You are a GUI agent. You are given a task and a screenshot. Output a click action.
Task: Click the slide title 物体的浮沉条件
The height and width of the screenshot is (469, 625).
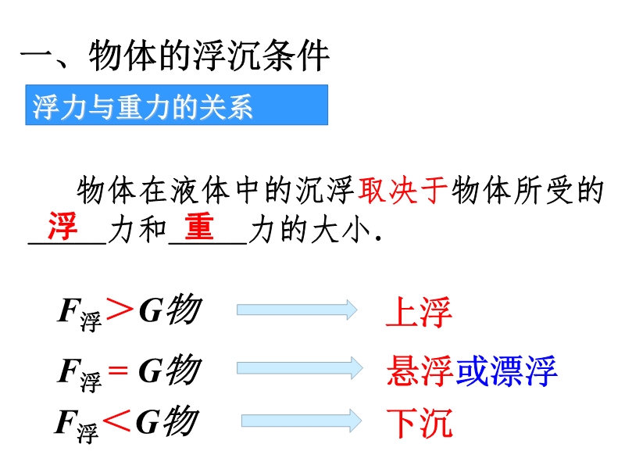pyautogui.click(x=209, y=55)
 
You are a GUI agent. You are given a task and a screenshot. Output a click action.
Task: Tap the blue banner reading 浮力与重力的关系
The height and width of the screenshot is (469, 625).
pyautogui.click(x=177, y=105)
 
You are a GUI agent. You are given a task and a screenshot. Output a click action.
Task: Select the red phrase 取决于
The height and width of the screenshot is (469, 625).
pyautogui.click(x=402, y=190)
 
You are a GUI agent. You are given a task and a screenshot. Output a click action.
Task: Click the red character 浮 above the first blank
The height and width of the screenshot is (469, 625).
pyautogui.click(x=63, y=226)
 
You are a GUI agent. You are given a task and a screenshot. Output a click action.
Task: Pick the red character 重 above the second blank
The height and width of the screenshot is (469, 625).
pyautogui.click(x=199, y=226)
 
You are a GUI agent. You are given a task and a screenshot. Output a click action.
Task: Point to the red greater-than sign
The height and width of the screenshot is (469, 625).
pyautogui.click(x=120, y=310)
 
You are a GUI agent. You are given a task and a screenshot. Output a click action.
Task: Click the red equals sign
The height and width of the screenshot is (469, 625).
pyautogui.click(x=119, y=371)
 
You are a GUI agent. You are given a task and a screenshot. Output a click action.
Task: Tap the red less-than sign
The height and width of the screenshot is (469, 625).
pyautogui.click(x=116, y=421)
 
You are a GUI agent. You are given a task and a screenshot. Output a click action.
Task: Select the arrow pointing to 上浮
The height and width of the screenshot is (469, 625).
pyautogui.click(x=297, y=310)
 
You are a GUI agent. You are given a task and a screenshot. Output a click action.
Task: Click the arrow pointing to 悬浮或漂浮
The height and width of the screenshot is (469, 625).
pyautogui.click(x=300, y=367)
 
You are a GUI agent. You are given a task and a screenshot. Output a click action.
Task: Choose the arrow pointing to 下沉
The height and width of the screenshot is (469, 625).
pyautogui.click(x=302, y=421)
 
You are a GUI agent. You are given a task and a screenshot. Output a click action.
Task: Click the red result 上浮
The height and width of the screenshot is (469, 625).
pyautogui.click(x=419, y=312)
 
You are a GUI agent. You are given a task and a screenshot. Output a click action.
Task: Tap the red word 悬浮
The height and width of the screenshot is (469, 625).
pyautogui.click(x=420, y=371)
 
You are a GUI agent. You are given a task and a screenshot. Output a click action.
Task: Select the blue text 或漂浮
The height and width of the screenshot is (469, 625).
pyautogui.click(x=506, y=371)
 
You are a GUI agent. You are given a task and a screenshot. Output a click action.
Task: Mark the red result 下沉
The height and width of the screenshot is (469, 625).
pyautogui.click(x=420, y=423)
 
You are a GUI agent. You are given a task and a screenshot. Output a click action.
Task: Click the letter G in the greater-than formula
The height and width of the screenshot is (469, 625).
pyautogui.click(x=151, y=310)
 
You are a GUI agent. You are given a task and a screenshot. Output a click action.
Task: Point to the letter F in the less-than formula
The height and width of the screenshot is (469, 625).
pyautogui.click(x=67, y=421)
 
